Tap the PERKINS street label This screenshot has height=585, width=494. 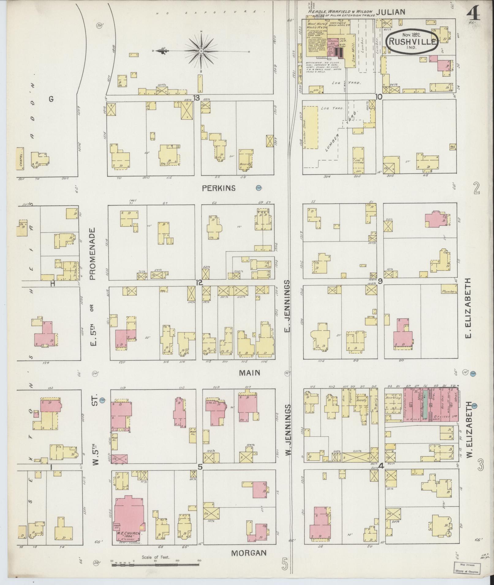[219, 188]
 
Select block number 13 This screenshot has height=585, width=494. [196, 98]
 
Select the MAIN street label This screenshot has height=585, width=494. [250, 373]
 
